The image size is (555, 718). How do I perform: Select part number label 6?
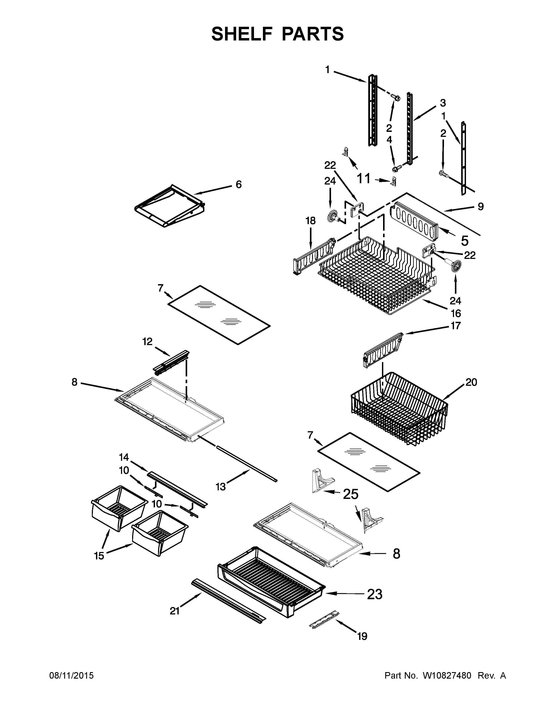(238, 185)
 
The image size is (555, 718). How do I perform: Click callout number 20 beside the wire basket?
(471, 382)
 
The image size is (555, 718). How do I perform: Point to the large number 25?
(350, 494)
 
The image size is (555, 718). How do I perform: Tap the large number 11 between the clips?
(364, 179)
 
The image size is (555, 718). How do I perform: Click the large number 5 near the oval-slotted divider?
(465, 241)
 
